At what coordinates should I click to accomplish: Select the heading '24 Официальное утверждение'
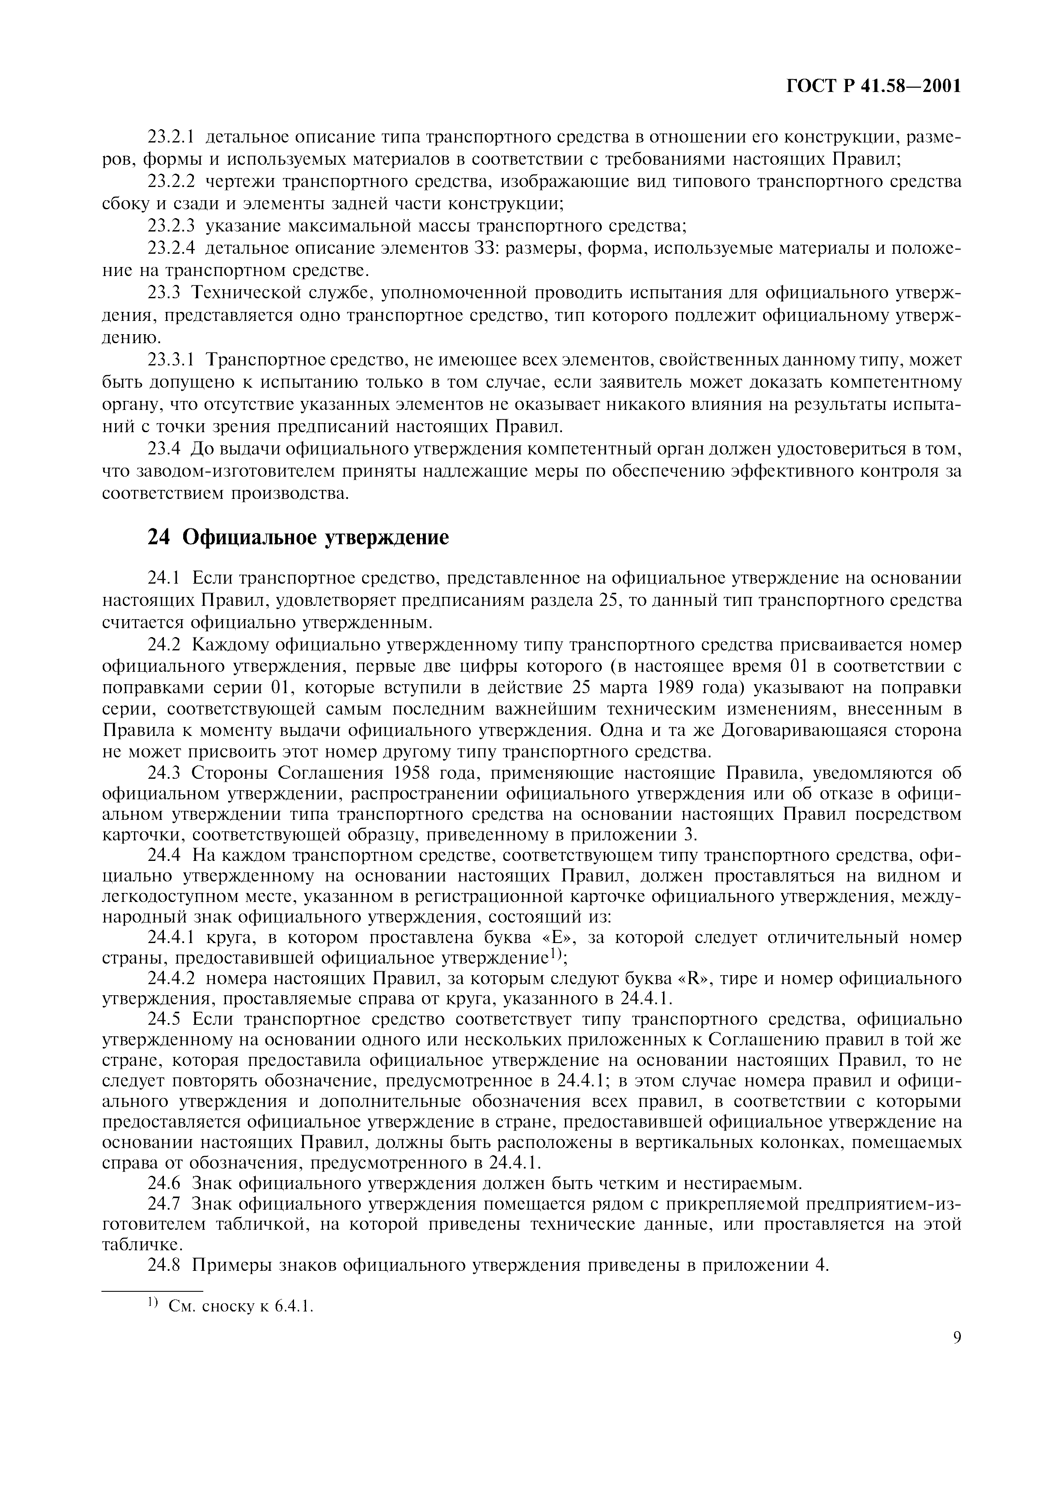tap(298, 537)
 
